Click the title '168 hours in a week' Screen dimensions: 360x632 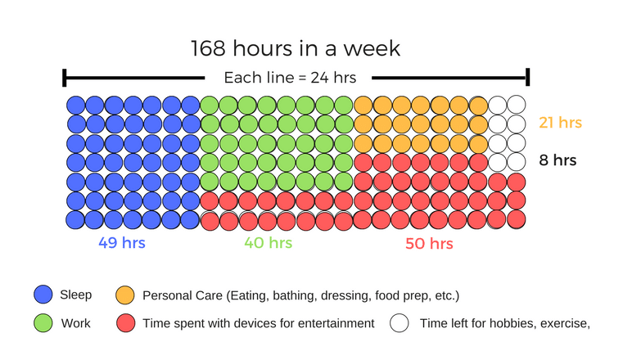tap(296, 48)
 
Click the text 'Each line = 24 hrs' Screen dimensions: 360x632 tap(296, 78)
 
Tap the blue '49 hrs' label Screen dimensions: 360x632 tap(122, 242)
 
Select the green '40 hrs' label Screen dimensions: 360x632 tap(268, 242)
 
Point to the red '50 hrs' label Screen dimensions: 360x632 tap(429, 243)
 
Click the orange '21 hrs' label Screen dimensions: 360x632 tap(560, 123)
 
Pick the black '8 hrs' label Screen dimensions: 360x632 tap(558, 160)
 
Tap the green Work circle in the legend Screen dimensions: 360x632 tap(43, 323)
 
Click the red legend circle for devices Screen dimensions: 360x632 tap(125, 323)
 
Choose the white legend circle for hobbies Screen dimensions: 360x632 tap(400, 323)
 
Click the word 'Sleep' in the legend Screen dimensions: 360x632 tap(76, 295)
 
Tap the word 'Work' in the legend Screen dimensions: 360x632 tap(75, 323)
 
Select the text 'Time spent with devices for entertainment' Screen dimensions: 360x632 tap(258, 323)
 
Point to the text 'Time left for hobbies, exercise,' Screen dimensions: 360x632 tap(504, 323)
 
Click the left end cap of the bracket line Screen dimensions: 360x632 tap(65, 79)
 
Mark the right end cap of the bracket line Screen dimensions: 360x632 tap(528, 78)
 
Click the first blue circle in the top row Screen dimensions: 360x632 tap(75, 105)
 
